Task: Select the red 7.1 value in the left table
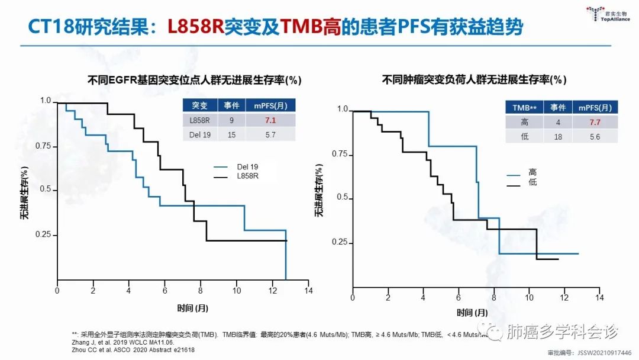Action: click(272, 120)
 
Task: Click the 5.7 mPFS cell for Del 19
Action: click(272, 135)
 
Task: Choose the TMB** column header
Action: click(524, 108)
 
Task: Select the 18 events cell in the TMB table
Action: click(558, 137)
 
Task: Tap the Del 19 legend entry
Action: click(247, 167)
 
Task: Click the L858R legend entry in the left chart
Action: click(247, 176)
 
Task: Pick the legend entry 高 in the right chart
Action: click(532, 173)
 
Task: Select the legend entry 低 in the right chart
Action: click(532, 184)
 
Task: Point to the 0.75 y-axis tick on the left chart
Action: click(44, 146)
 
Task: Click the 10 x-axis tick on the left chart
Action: click(237, 291)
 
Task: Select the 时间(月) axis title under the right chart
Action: click(473, 312)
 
